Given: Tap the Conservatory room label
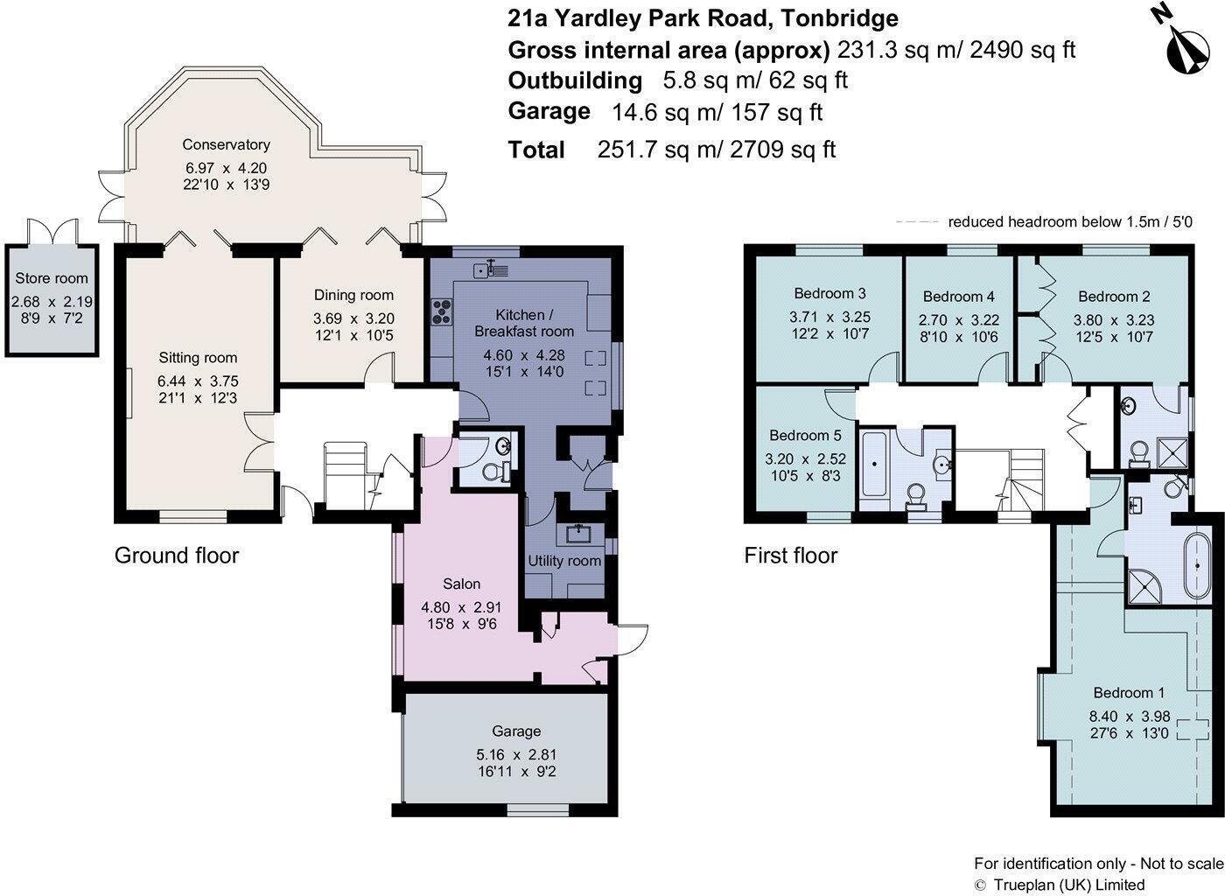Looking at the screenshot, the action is point(226,144).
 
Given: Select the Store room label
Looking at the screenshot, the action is point(52,278).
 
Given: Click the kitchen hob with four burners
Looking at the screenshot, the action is point(441,311).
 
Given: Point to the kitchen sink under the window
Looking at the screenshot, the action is point(491,269).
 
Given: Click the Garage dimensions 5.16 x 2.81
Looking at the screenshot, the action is point(516,755).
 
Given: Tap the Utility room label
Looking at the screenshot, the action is point(564,561).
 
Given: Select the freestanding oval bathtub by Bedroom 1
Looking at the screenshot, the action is point(1197,566).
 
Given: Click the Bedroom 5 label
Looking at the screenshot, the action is point(805,436).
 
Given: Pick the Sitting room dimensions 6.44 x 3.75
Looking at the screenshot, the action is point(198,381).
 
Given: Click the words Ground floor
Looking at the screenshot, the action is point(177,556).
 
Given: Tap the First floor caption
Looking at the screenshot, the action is point(791,556).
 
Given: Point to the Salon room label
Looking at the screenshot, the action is point(462,584).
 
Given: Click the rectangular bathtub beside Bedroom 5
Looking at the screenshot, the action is point(874,464).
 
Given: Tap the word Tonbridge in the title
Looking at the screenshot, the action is point(839,18).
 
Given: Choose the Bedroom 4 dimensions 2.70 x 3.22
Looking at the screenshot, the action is point(959,320).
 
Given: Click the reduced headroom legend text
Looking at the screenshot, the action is point(1070,222).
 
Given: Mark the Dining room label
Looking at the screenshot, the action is point(353,295).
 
